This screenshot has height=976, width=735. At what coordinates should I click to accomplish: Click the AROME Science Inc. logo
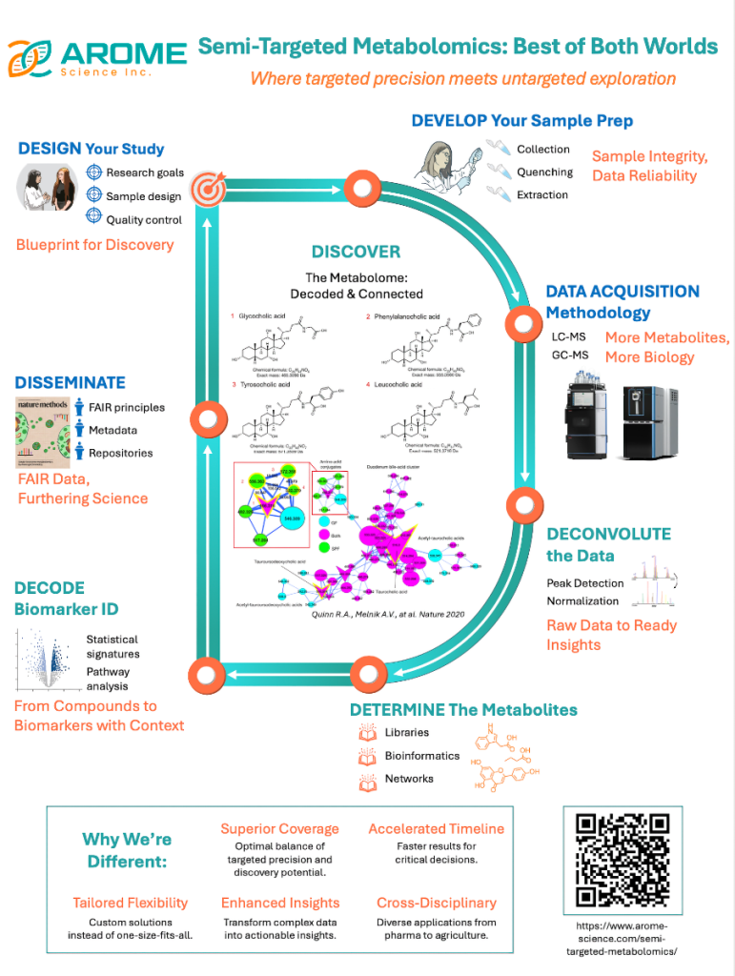95,56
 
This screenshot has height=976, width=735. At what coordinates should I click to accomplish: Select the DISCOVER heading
356,252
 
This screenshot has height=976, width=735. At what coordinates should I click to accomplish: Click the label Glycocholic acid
268,315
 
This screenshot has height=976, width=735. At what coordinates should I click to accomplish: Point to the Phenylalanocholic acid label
408,315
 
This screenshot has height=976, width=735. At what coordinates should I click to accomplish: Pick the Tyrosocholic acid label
270,384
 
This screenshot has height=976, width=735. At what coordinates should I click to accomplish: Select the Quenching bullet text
544,173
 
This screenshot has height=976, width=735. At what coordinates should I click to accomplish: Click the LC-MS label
568,336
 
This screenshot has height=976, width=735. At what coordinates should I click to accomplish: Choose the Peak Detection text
584,582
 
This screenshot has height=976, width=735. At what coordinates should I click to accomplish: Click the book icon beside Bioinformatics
367,757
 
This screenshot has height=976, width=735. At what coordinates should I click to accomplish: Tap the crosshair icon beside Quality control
93,218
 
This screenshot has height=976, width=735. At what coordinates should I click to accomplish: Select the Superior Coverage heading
279,828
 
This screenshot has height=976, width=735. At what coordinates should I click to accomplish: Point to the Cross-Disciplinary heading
436,902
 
